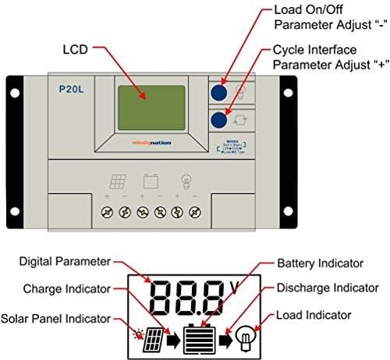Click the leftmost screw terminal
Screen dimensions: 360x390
(x=105, y=211)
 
